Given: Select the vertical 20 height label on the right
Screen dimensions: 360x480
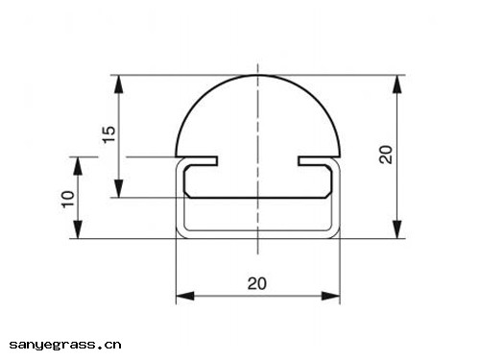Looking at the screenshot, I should (x=386, y=155).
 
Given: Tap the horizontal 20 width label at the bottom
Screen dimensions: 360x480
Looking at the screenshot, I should (x=257, y=283).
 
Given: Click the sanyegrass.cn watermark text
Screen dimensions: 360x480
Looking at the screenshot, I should (x=65, y=343).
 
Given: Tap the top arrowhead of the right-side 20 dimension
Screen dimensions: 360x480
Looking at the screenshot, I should (x=397, y=82).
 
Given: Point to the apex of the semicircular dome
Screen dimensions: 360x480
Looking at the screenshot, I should (x=257, y=75).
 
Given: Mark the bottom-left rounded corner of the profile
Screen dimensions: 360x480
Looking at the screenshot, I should (x=180, y=232).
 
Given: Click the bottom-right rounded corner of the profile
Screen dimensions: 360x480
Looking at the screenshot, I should (x=336, y=232).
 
